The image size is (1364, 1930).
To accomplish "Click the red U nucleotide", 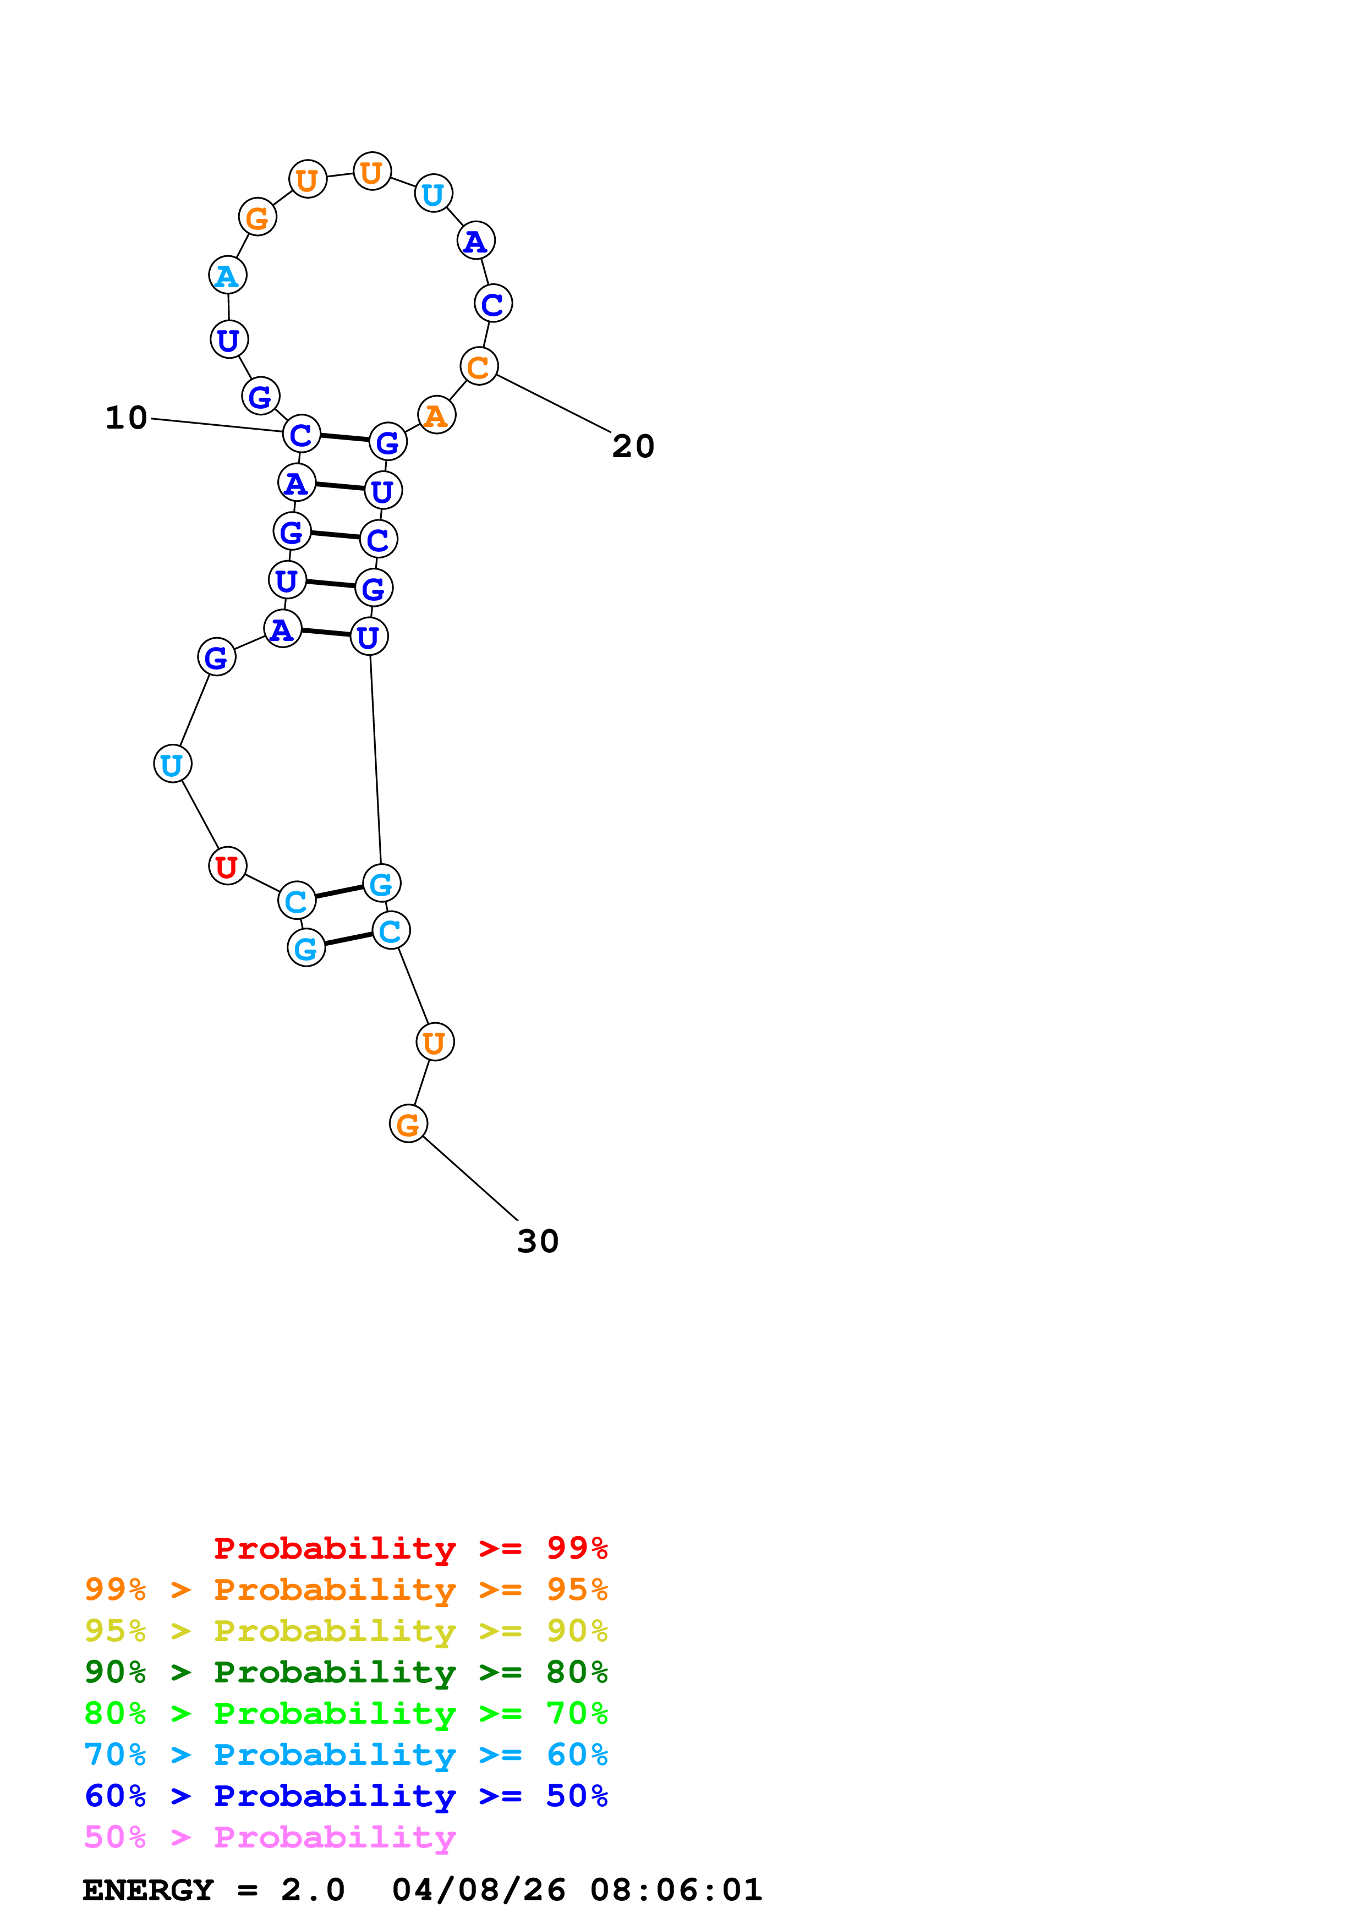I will (227, 866).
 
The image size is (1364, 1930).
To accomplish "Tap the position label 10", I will (126, 418).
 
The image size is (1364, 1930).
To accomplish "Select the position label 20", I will (633, 446).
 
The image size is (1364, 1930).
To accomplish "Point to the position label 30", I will (538, 1242).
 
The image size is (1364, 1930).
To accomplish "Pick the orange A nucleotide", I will (436, 415).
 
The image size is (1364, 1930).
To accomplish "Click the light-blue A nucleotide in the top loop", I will (227, 275).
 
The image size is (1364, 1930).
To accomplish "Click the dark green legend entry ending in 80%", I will (346, 1672).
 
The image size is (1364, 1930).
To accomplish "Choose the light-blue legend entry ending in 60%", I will (346, 1754).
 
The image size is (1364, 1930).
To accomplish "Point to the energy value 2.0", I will (313, 1890).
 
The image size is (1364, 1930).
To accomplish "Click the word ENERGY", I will (148, 1890).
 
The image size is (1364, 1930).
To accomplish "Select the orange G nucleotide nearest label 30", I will (408, 1124).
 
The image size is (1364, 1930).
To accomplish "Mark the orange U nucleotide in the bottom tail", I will (435, 1043).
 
